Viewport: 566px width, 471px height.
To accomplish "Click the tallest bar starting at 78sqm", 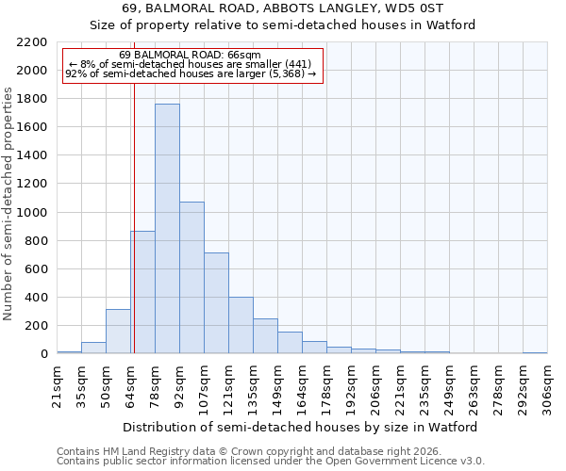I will (167, 229).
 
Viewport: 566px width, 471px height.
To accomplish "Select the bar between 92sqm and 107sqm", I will (191, 278).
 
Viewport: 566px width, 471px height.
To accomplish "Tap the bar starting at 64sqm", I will (142, 292).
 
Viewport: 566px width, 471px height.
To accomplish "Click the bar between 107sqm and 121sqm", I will (216, 303).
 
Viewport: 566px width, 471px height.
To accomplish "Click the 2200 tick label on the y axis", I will (32, 42).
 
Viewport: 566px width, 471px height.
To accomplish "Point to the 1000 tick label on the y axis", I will (32, 213).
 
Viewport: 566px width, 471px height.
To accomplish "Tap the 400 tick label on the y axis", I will (36, 298).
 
